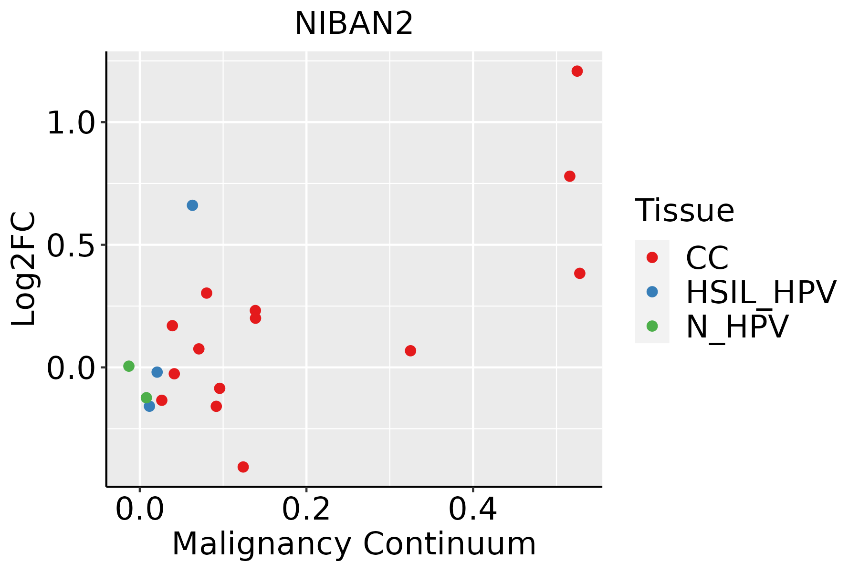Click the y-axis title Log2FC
click(24, 269)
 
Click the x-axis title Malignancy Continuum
click(354, 544)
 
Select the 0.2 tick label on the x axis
click(306, 510)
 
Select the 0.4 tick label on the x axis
click(472, 510)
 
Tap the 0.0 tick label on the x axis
click(140, 510)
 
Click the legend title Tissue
click(684, 210)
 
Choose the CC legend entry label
click(707, 258)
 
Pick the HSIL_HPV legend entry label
click(761, 292)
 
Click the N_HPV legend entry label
click(737, 327)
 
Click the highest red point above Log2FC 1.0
click(577, 71)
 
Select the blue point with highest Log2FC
click(192, 205)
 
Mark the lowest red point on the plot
click(243, 467)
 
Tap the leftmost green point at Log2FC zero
click(129, 366)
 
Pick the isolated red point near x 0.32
click(410, 351)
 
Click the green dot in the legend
click(652, 326)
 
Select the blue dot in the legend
click(652, 292)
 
